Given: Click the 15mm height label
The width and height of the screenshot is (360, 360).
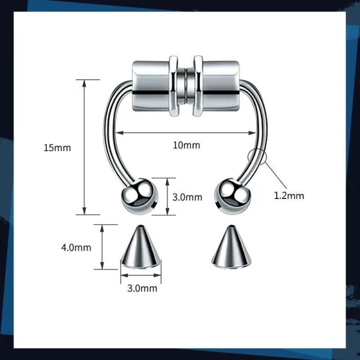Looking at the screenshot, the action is point(57,148).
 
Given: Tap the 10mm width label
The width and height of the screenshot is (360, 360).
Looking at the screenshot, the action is point(187,145).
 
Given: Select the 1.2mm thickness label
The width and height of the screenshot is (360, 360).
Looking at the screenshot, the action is point(289,196).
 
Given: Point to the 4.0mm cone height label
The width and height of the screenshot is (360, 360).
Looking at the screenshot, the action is point(76,247).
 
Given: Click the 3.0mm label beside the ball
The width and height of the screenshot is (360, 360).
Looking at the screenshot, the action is point(187,197).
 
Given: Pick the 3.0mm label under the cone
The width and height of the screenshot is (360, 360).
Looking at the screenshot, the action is point(142,288).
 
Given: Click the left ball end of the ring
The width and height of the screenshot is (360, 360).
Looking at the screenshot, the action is point(139,196).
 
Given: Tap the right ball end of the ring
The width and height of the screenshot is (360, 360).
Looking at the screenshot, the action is point(232,196).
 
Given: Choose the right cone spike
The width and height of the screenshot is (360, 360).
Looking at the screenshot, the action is point(231,247).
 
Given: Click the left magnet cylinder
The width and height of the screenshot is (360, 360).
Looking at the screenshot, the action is point(151,86).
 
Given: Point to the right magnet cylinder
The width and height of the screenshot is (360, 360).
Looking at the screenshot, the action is point(221,86).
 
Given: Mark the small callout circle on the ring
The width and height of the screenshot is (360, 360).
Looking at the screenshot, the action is point(257,157).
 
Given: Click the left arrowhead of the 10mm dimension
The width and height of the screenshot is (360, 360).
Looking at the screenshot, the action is point(119,133).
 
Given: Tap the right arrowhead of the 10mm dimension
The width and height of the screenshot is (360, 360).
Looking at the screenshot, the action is point(253,133).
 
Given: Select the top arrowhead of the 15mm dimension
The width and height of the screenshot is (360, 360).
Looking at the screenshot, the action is point(85,83).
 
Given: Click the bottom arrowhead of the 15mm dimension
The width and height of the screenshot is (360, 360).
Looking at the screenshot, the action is point(85,211).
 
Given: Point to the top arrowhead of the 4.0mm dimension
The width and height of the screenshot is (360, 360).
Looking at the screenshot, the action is point(103,229).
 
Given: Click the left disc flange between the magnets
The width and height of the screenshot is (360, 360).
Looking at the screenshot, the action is point(173,86).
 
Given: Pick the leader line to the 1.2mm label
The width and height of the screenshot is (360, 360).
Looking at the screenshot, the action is point(275,175).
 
